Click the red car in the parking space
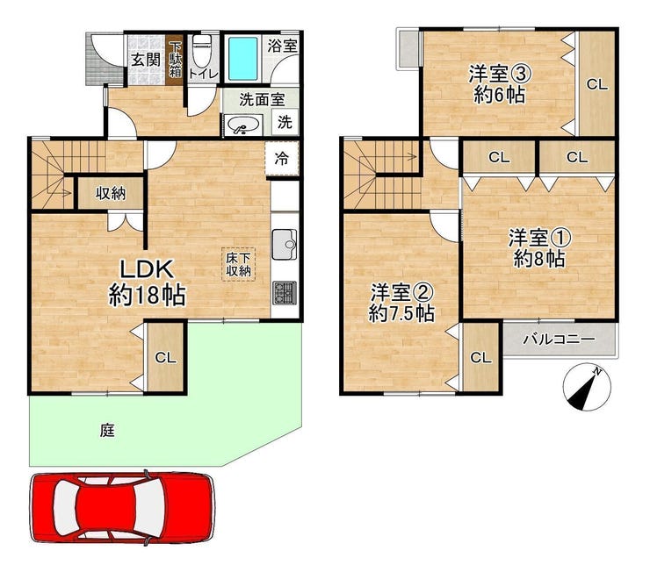(123, 507)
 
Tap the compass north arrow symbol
(587, 387)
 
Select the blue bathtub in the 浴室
(242, 59)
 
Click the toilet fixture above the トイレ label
(202, 51)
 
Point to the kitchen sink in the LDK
(285, 244)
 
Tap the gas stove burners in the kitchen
(285, 293)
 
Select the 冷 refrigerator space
(282, 159)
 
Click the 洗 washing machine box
(285, 122)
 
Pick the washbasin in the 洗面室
(243, 125)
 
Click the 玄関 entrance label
(146, 61)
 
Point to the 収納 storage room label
(111, 193)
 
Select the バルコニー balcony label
(559, 340)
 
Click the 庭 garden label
(106, 431)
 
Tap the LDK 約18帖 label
(147, 282)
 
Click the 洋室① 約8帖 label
(539, 248)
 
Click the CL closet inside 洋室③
(596, 84)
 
